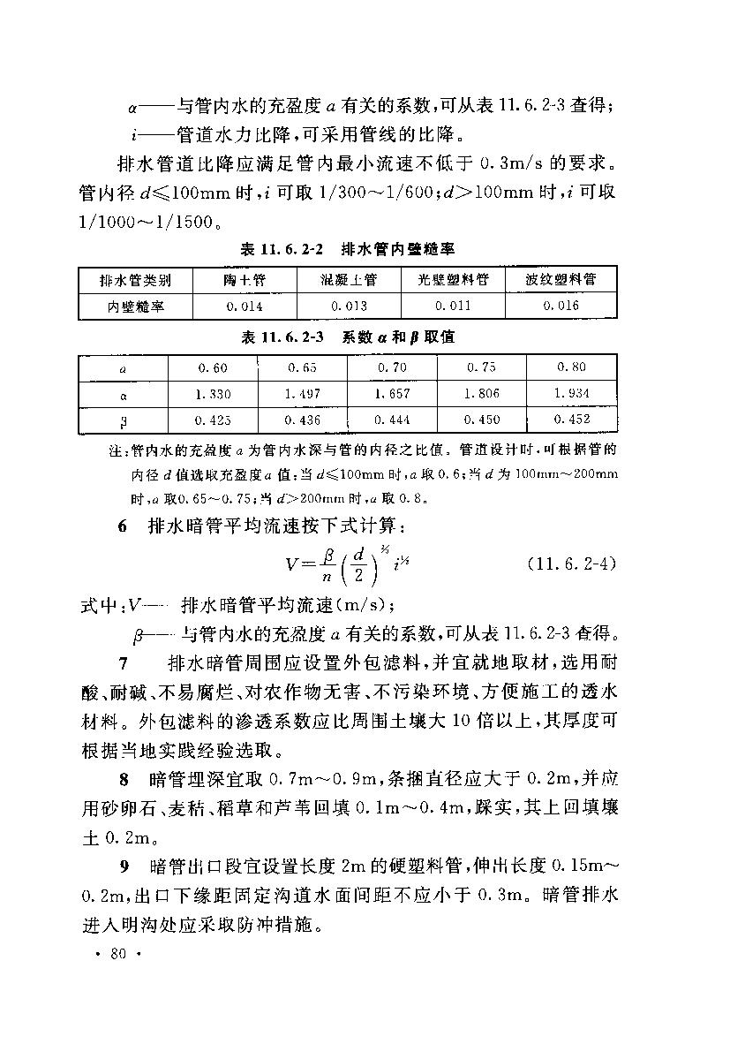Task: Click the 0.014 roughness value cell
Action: tap(244, 306)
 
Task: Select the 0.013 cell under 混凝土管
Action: tap(349, 306)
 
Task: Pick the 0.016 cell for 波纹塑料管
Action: tap(561, 306)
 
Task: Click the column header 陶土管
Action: tap(244, 280)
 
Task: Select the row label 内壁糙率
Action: tap(136, 306)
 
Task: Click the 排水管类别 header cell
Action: tap(136, 280)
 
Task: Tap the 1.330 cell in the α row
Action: tap(212, 394)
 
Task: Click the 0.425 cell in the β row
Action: tap(212, 420)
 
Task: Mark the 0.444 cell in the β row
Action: tap(393, 420)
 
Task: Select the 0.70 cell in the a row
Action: tap(393, 367)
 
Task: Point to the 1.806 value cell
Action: tap(482, 393)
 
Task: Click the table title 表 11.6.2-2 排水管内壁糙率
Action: tap(347, 250)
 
